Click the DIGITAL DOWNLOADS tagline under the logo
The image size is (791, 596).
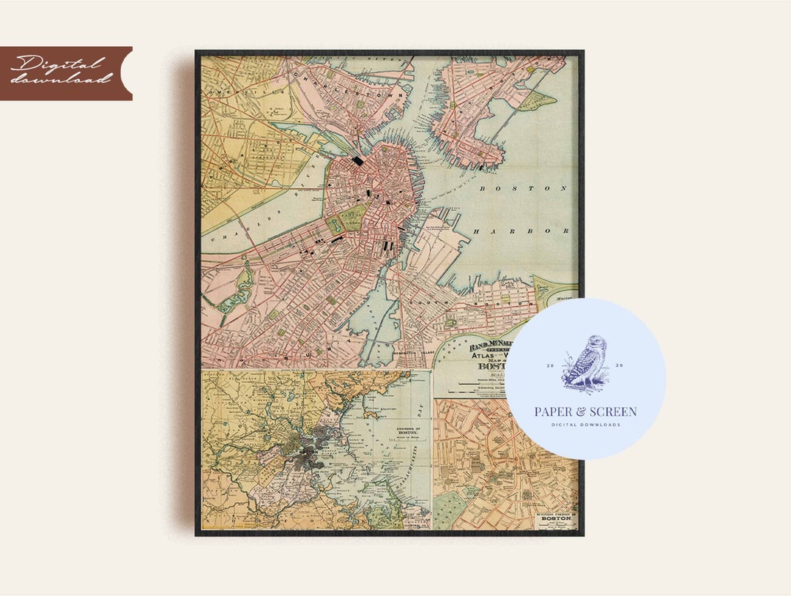pos(585,425)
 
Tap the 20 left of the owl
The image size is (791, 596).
pos(550,365)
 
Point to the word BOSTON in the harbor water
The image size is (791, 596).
pos(523,188)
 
